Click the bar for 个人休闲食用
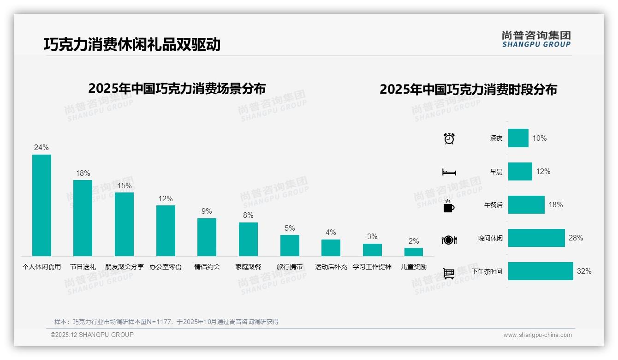pyautogui.click(x=42, y=205)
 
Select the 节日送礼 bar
pyautogui.click(x=83, y=218)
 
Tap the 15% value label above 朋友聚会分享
pyautogui.click(x=124, y=186)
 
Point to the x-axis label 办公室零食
pyautogui.click(x=166, y=267)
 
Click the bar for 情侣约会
pyautogui.click(x=207, y=237)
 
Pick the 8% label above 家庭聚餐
pyautogui.click(x=248, y=215)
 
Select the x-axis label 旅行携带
pyautogui.click(x=290, y=267)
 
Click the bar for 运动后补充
pyautogui.click(x=331, y=248)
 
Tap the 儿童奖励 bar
pyautogui.click(x=414, y=252)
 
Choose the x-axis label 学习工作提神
pyautogui.click(x=372, y=267)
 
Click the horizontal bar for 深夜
pyautogui.click(x=518, y=138)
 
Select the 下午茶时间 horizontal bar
pyautogui.click(x=541, y=271)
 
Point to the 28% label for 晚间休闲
pyautogui.click(x=576, y=238)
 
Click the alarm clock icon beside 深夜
pyautogui.click(x=449, y=138)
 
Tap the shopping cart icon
pyautogui.click(x=449, y=273)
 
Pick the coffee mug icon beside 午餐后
pyautogui.click(x=449, y=206)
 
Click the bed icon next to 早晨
pyautogui.click(x=449, y=172)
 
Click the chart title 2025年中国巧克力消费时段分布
pyautogui.click(x=468, y=89)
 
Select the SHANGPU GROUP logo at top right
pyautogui.click(x=536, y=39)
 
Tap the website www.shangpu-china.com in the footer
pyautogui.click(x=537, y=335)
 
